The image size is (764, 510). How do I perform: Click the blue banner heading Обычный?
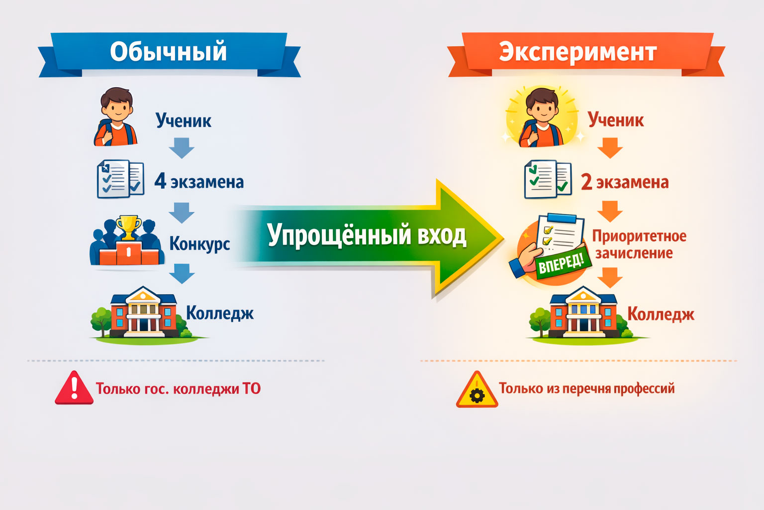point(169,54)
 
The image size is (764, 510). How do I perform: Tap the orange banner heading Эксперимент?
point(586,54)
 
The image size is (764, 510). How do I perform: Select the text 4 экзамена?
point(199,181)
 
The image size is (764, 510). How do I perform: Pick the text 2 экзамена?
point(625,182)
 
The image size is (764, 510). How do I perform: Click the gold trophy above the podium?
point(129,227)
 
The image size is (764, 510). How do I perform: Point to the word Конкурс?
point(200,244)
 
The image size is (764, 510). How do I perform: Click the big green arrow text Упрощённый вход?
point(367,235)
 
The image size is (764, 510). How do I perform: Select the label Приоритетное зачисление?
point(639,245)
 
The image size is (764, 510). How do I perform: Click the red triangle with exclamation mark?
point(74,388)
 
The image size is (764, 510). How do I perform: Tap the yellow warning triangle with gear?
point(477,389)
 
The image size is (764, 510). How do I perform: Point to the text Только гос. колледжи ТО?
point(178,389)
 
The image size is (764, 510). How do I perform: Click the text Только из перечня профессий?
point(586,388)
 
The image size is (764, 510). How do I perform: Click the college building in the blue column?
point(144,312)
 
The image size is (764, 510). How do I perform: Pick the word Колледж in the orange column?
point(661,314)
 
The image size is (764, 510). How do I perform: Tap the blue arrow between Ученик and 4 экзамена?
point(182,148)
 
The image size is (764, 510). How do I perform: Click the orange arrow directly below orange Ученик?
point(610,148)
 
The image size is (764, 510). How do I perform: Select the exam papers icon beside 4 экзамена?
point(120,179)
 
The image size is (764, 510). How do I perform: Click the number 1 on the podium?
point(129,252)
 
